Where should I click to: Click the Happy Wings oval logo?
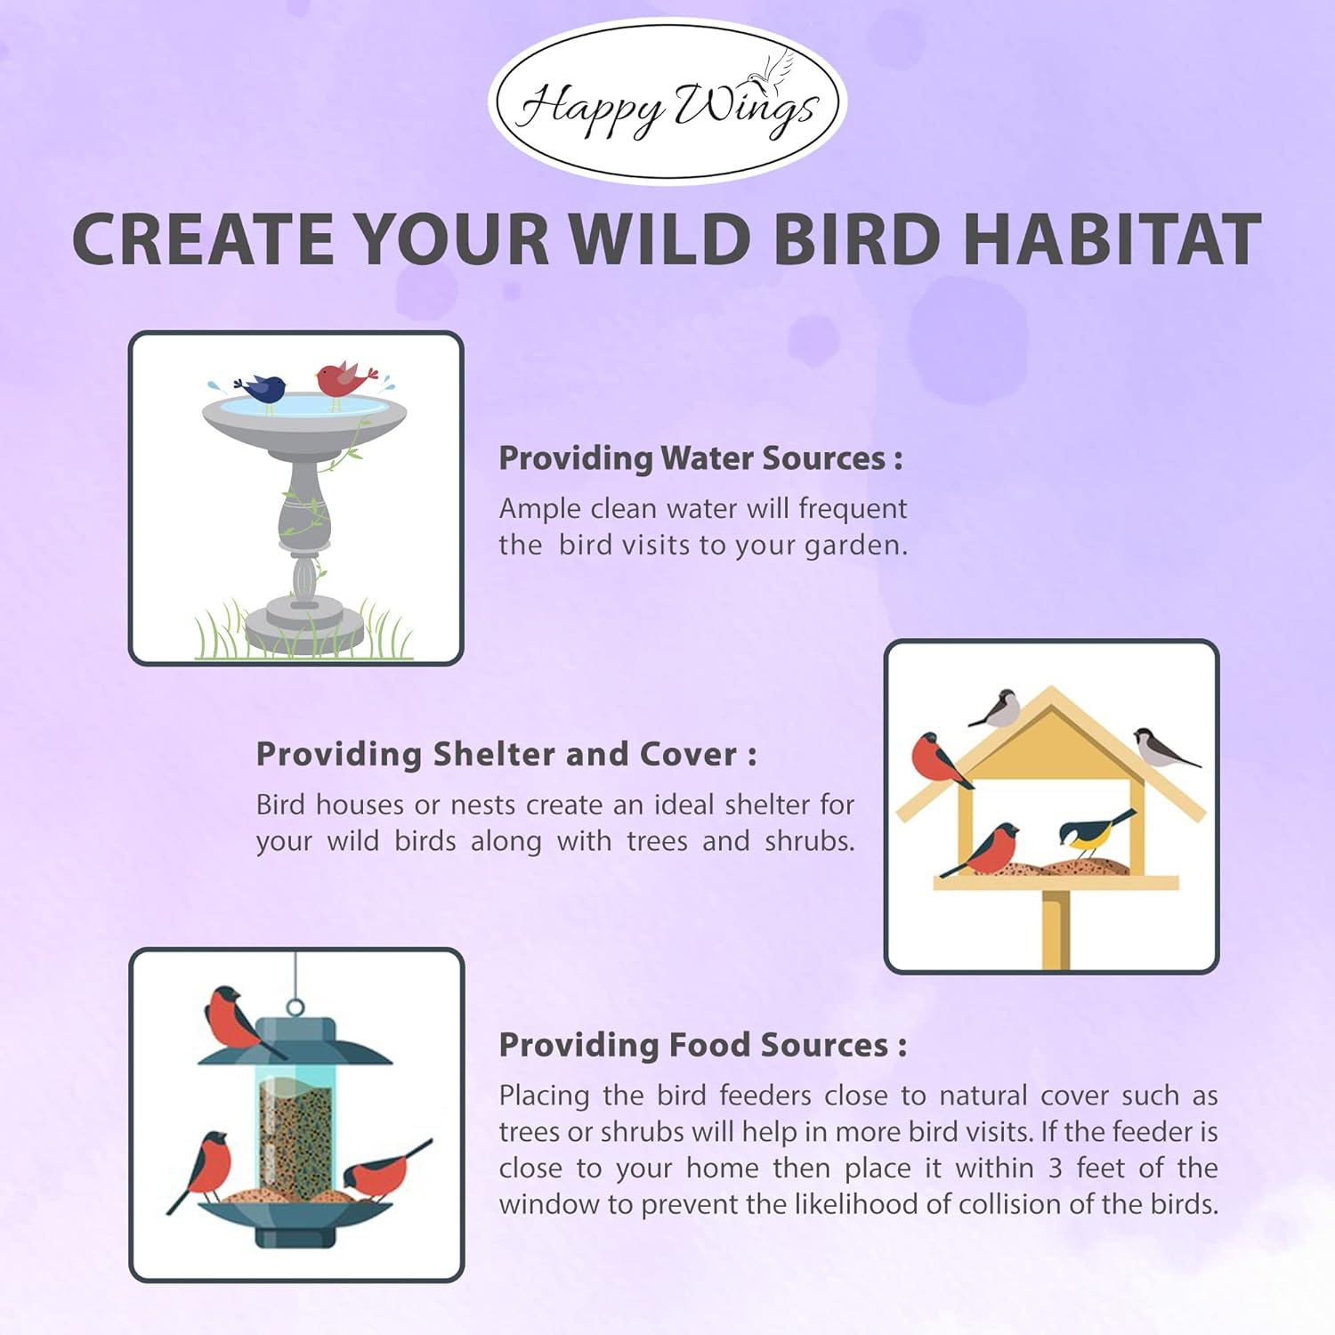click(667, 101)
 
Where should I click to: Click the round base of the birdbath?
click(304, 625)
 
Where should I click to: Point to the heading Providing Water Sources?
click(700, 458)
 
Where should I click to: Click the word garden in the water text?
click(854, 546)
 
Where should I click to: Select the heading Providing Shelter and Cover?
click(506, 755)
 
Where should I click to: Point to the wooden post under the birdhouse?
click(1056, 929)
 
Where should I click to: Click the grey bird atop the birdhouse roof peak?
click(998, 708)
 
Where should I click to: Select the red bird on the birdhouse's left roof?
click(937, 759)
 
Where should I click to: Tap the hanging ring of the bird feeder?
click(295, 1008)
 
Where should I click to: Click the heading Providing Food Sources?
click(703, 1045)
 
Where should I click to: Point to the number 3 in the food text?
click(1055, 1168)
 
